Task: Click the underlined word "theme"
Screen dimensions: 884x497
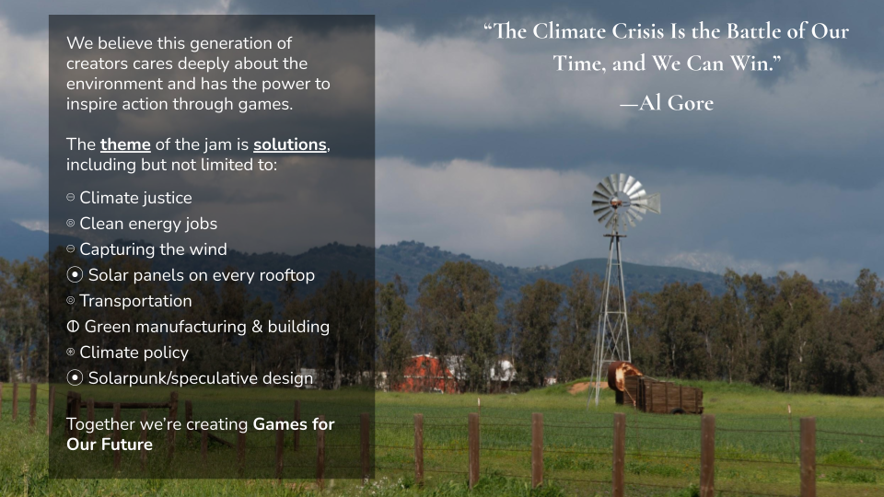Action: pyautogui.click(x=125, y=144)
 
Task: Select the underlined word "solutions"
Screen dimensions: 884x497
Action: pyautogui.click(x=290, y=144)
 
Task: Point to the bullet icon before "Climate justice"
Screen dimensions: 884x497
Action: pyautogui.click(x=71, y=197)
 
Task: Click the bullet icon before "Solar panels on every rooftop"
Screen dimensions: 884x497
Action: pyautogui.click(x=75, y=274)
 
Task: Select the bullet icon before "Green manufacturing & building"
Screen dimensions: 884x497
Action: pyautogui.click(x=73, y=326)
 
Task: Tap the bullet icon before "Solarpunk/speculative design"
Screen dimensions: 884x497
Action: pyautogui.click(x=75, y=377)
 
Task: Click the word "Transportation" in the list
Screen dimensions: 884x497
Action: pyautogui.click(x=135, y=301)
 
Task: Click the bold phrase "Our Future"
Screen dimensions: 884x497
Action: pyautogui.click(x=110, y=444)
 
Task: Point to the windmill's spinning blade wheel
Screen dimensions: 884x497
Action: pyautogui.click(x=621, y=202)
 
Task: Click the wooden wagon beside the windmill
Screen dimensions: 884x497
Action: pyautogui.click(x=662, y=394)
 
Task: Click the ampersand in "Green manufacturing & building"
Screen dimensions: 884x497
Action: pyautogui.click(x=257, y=327)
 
